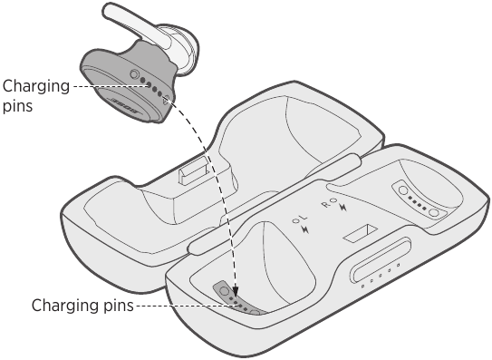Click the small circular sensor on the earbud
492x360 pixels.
coord(135,74)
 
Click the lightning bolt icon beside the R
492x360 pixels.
coord(342,209)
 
